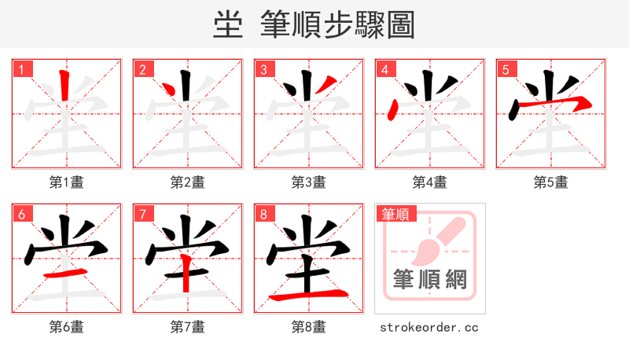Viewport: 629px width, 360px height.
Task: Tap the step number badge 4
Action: point(384,69)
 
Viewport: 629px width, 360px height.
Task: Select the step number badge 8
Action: point(263,214)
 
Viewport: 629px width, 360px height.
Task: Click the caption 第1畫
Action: point(67,182)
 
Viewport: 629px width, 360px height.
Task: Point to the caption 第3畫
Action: point(309,182)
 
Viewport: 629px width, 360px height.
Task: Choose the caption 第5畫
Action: point(551,182)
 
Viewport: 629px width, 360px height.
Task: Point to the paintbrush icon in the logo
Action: point(437,240)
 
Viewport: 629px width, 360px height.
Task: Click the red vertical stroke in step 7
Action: point(186,271)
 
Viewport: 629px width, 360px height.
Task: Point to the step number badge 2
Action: point(142,69)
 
